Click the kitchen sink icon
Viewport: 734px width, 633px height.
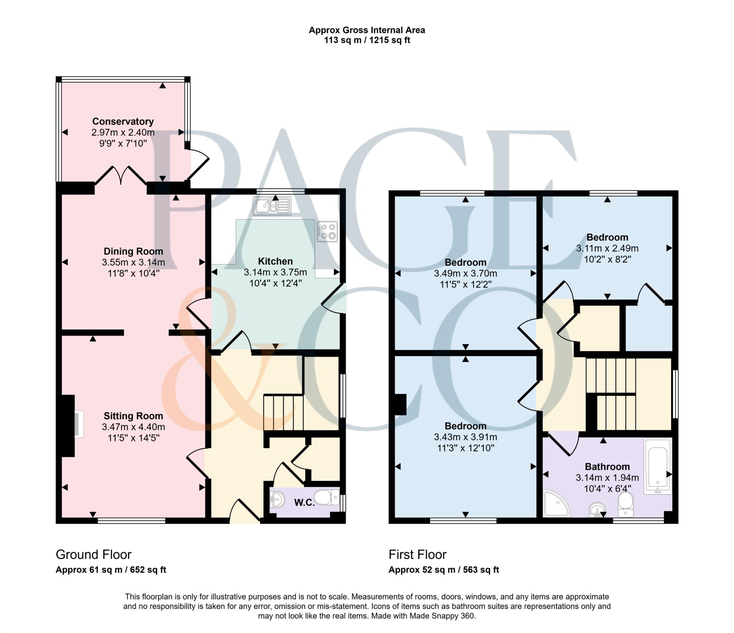[272, 206]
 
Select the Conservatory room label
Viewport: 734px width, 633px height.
[123, 121]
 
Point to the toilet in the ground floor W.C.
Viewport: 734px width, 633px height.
[325, 498]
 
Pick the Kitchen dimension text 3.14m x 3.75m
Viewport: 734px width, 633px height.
[275, 272]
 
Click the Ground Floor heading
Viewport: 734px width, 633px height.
[94, 554]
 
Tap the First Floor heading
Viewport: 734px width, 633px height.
[417, 554]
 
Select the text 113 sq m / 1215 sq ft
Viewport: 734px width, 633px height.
[367, 40]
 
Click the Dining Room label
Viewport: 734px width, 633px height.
[133, 251]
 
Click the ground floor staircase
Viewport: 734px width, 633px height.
[283, 412]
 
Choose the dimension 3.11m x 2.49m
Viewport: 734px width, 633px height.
[607, 248]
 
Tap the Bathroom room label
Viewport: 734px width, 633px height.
[607, 467]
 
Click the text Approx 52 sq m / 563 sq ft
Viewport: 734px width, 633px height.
[443, 570]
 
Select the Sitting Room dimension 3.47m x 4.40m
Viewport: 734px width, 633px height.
[133, 427]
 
